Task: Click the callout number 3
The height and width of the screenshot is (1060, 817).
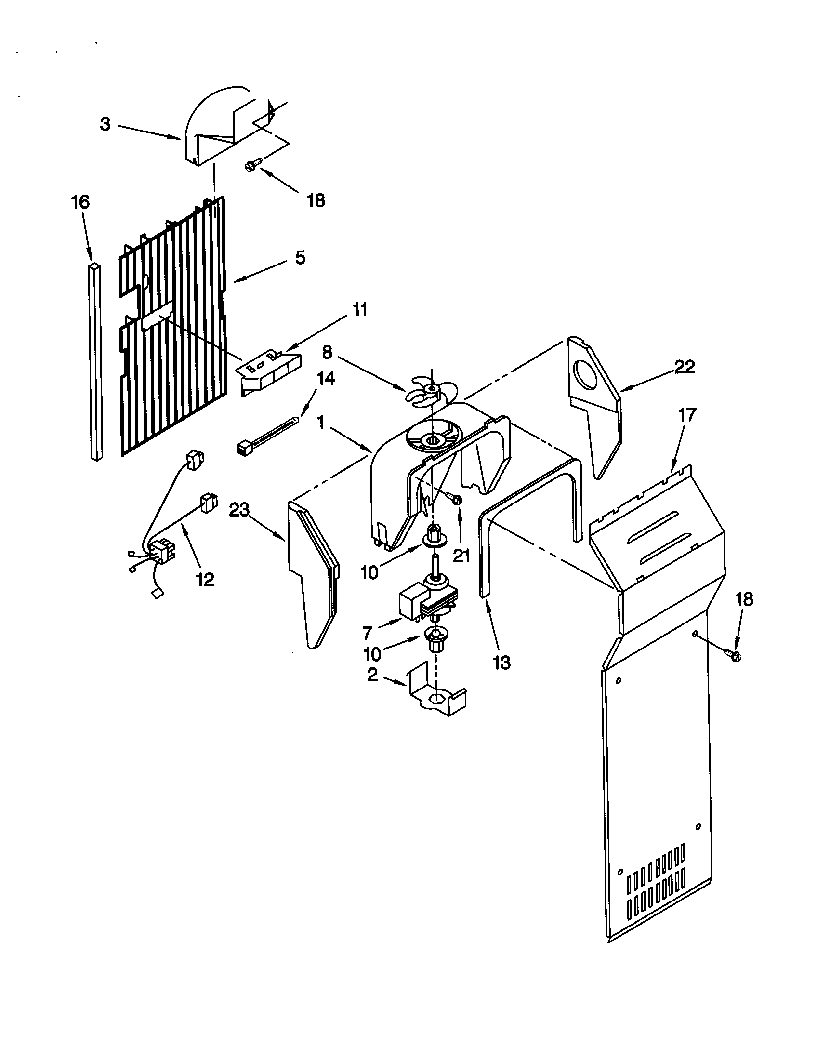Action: (105, 124)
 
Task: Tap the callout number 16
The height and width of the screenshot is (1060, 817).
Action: (80, 202)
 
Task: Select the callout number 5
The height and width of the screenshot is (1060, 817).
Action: (300, 258)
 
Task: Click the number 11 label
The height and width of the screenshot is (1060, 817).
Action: (359, 309)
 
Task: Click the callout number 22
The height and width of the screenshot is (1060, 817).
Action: (684, 367)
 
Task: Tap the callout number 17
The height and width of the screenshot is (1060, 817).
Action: (687, 415)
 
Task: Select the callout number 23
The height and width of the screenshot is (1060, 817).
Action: (239, 510)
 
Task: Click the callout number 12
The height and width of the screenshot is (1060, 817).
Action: (205, 579)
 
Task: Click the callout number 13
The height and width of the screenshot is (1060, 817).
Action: (502, 662)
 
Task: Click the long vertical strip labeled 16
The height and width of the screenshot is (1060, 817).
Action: (96, 361)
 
